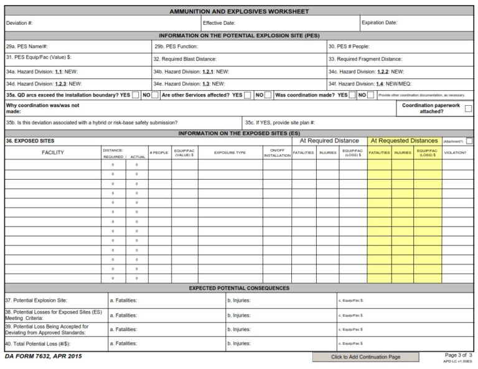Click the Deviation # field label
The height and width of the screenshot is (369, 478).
click(x=19, y=23)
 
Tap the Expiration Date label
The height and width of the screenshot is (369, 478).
click(x=379, y=23)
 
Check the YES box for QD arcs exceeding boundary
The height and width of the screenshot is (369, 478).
click(x=136, y=95)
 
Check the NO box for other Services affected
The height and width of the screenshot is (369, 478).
click(x=268, y=95)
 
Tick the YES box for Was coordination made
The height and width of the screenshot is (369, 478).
click(x=352, y=95)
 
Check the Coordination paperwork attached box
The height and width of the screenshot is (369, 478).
click(x=468, y=108)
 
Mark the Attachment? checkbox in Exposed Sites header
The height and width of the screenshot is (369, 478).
click(x=469, y=141)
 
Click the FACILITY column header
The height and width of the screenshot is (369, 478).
click(x=53, y=152)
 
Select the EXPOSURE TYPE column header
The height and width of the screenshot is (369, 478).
click(x=230, y=152)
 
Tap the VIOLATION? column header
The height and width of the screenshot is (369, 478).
click(x=455, y=152)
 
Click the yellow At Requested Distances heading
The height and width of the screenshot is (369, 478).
click(x=405, y=141)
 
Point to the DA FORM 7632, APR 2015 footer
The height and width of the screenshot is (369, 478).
click(x=43, y=357)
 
